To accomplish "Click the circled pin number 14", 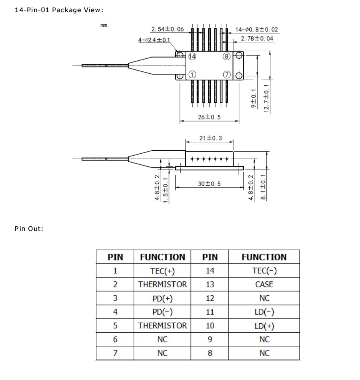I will tap(192, 56).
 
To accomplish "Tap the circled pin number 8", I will tap(226, 56).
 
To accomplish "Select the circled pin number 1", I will tap(192, 75).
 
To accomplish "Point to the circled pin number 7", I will tap(226, 75).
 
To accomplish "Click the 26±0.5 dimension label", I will tap(209, 117).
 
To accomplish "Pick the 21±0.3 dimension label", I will tap(210, 138).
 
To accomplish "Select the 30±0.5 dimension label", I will tap(209, 184).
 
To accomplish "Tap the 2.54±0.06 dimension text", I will tap(167, 29).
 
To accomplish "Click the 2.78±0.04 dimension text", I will tap(257, 38).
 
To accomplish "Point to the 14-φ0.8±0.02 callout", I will tap(256, 30).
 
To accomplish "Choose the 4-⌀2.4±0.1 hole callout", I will tap(154, 40).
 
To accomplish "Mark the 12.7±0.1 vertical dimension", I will tap(267, 99).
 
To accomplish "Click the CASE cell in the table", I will tap(264, 285).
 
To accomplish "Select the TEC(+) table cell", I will tap(162, 271).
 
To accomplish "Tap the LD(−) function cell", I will tap(264, 312).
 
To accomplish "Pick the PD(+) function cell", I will tap(162, 298).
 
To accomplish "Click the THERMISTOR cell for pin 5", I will tap(162, 326).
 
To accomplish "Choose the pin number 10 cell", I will tap(210, 326).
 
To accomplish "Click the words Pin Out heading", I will tap(29, 229).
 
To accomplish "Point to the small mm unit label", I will tap(104, 26).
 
